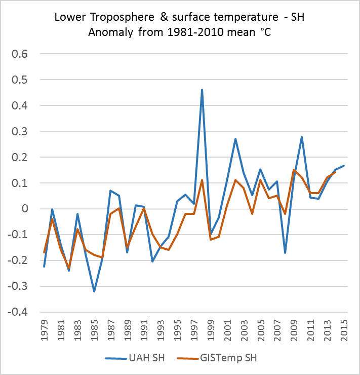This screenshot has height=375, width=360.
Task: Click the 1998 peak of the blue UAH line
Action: coord(202,90)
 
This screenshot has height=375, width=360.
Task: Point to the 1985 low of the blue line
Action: coord(94,291)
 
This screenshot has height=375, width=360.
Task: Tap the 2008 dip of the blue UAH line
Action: coord(285,252)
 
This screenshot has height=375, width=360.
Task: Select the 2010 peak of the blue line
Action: coord(302,137)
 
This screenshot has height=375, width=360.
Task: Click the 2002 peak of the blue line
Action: coord(235,139)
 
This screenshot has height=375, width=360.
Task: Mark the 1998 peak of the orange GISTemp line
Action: coord(202,180)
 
